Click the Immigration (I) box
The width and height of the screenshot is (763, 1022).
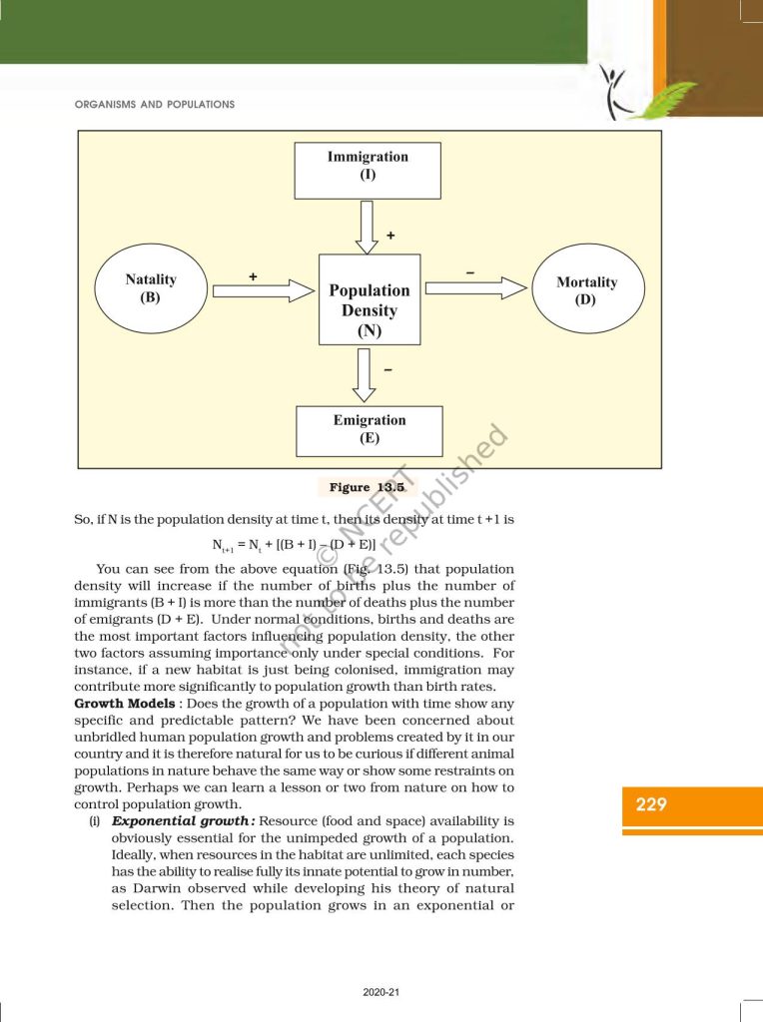pos(368,170)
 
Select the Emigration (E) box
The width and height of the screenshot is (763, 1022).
pos(370,429)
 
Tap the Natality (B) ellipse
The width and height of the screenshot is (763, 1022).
pos(151,288)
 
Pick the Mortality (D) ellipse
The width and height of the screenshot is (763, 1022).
pos(586,289)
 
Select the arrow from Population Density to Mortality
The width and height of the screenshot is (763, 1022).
pos(475,288)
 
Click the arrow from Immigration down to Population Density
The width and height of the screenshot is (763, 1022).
pos(368,227)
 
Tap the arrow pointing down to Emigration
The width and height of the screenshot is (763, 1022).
pos(368,375)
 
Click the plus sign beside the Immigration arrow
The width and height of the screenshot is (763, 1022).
pos(390,236)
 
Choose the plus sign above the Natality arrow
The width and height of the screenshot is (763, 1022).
pos(254,273)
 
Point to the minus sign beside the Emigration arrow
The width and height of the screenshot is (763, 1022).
pos(387,369)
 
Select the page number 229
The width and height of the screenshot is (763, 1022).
pos(651,804)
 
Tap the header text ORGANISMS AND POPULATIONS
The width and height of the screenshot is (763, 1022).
pos(155,104)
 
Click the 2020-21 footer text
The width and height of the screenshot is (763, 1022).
pos(381,991)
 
